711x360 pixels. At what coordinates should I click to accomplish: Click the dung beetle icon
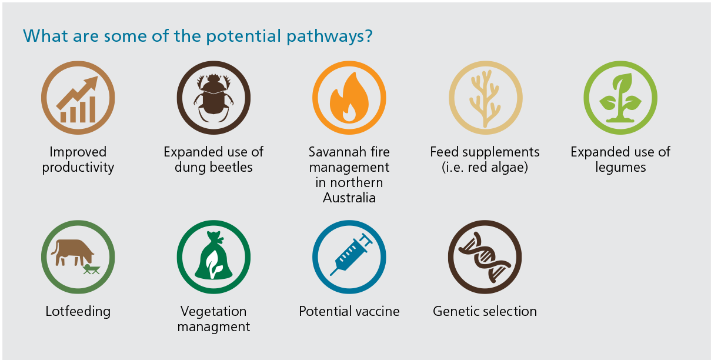(x=213, y=98)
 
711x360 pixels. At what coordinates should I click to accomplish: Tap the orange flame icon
(x=349, y=98)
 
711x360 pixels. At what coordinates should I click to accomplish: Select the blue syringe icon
(x=351, y=254)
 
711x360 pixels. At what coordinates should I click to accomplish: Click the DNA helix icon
(x=485, y=257)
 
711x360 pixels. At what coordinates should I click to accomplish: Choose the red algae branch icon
(x=485, y=98)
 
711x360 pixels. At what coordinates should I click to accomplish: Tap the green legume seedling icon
(x=620, y=98)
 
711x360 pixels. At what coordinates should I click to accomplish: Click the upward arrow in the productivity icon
(x=77, y=93)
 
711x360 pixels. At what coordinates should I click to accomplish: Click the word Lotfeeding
(x=78, y=311)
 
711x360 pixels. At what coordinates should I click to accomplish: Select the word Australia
(x=349, y=198)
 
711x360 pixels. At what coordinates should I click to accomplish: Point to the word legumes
(x=620, y=168)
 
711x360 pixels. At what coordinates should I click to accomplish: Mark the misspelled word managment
(x=213, y=327)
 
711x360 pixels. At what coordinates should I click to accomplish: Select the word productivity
(x=78, y=168)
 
